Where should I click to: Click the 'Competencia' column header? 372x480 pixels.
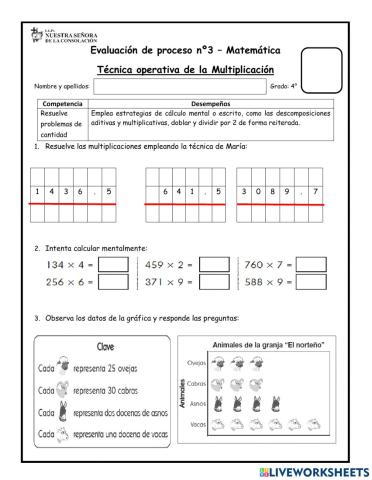[63, 103]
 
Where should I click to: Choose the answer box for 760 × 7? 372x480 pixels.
[313, 265]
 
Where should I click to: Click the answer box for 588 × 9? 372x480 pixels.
[313, 282]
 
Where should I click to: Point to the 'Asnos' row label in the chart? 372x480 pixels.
[197, 404]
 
